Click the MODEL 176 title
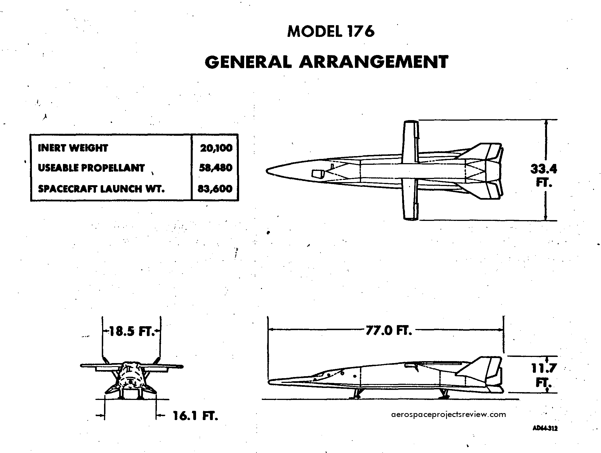331,32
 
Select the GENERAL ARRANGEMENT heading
326,62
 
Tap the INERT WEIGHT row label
73,148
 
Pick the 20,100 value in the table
216,148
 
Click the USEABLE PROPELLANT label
91,168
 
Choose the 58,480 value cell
216,168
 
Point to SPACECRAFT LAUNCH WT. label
101,189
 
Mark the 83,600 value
215,189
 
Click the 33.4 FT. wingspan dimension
544,175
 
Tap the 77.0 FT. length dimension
389,330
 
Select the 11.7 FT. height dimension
544,375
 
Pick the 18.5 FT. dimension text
131,332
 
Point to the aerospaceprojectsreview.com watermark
449,414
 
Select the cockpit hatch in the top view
318,174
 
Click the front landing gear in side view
357,393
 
